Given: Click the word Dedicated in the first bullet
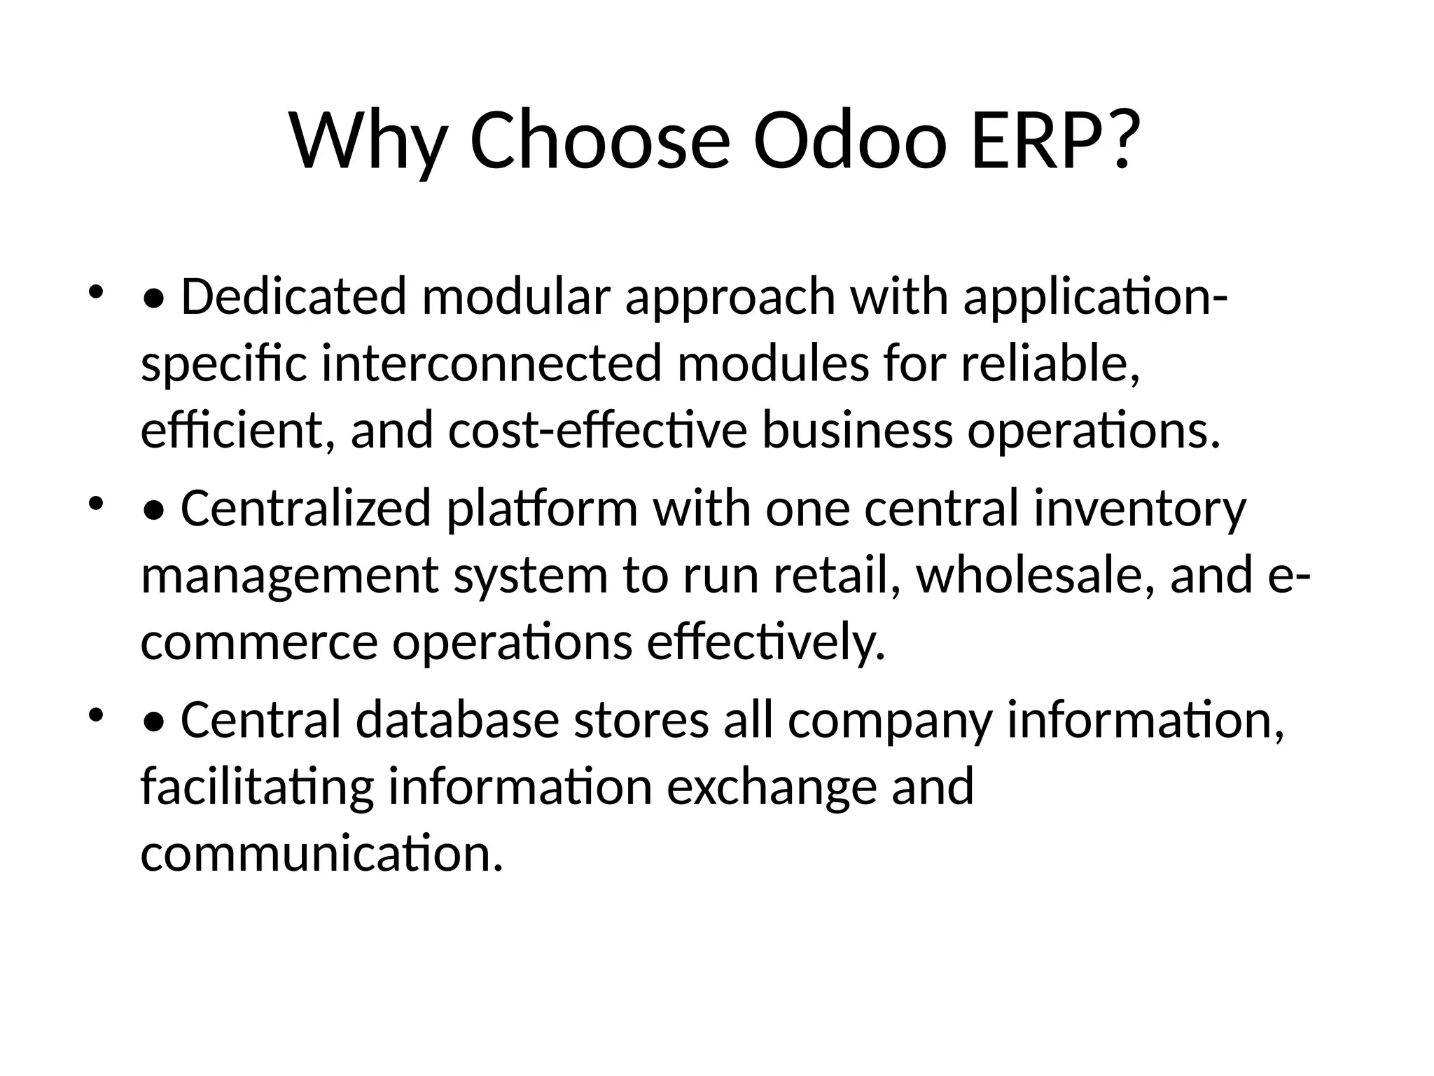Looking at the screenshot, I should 293,296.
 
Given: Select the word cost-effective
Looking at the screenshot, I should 597,431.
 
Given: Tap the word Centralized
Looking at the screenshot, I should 305,509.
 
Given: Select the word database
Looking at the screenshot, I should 457,721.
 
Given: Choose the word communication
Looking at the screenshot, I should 321,855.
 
